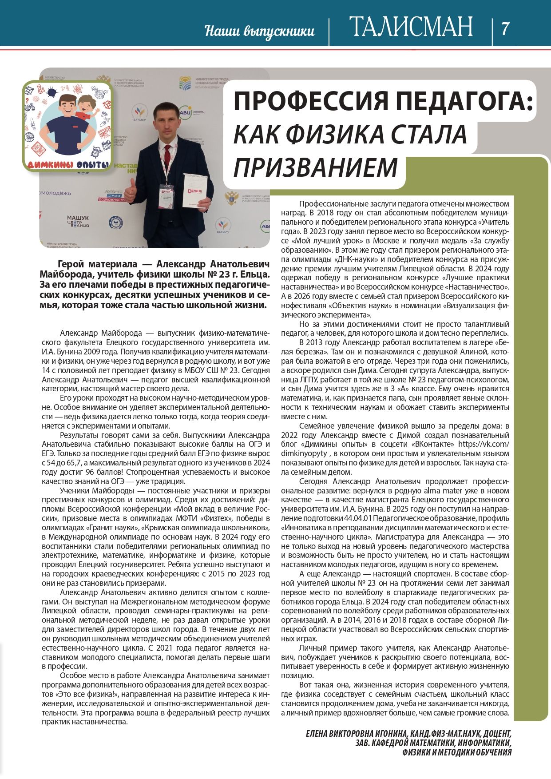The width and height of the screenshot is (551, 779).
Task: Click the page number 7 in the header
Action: pyautogui.click(x=505, y=28)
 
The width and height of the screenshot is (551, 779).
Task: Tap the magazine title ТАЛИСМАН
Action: pyautogui.click(x=411, y=28)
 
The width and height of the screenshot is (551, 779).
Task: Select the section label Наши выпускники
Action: pyautogui.click(x=260, y=31)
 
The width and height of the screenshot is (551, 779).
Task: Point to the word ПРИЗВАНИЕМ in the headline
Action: pyautogui.click(x=315, y=167)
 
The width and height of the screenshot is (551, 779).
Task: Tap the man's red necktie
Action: pyautogui.click(x=167, y=156)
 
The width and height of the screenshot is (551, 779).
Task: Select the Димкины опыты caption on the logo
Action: pyautogui.click(x=68, y=165)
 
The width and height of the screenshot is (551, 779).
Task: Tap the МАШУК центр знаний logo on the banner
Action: pyautogui.click(x=78, y=221)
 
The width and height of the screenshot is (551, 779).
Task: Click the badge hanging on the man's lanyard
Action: pyautogui.click(x=166, y=194)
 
